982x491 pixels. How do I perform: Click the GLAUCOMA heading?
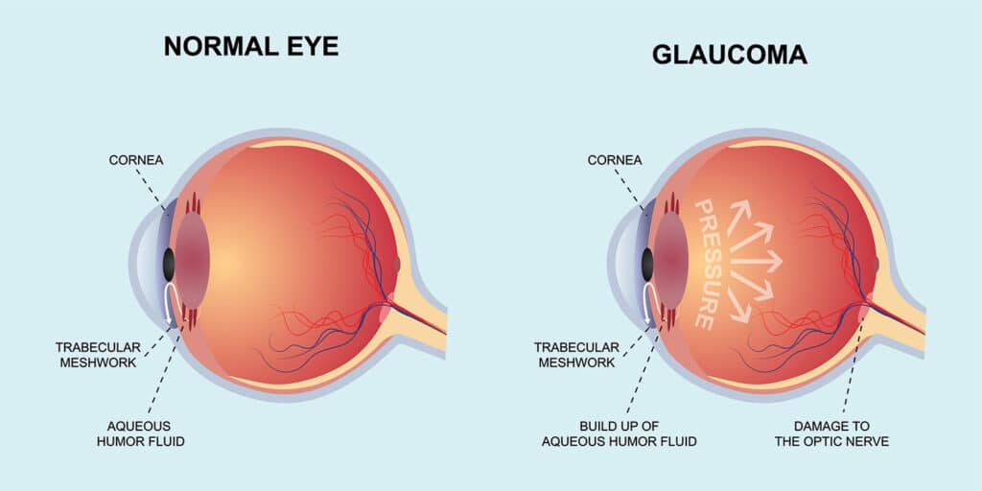coord(730,55)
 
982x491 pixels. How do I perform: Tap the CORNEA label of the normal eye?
coord(135,160)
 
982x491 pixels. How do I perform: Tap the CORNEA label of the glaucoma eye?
coord(615,160)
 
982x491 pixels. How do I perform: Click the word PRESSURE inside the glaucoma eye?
coord(706,265)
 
